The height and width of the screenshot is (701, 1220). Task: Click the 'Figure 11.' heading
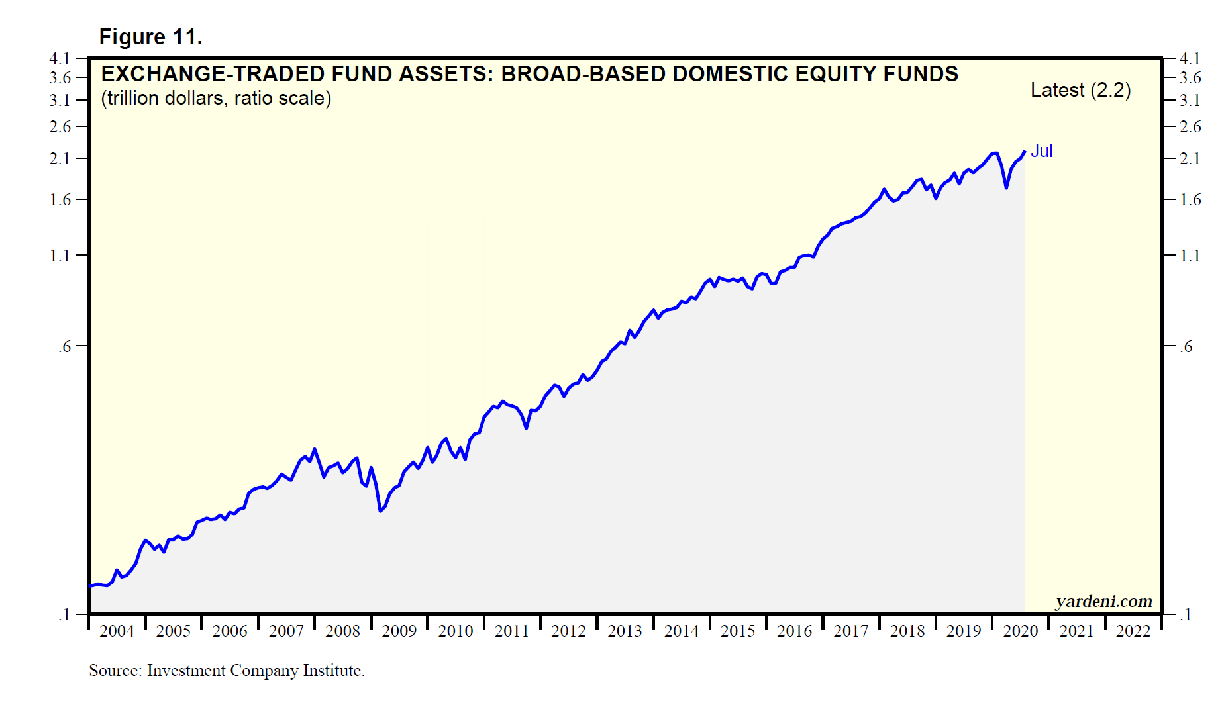pyautogui.click(x=150, y=37)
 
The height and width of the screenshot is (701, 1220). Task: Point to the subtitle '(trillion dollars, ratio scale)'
pyautogui.click(x=216, y=98)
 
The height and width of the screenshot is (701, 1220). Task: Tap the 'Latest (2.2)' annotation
pyautogui.click(x=1080, y=90)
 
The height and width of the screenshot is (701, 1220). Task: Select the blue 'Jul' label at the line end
pyautogui.click(x=1041, y=151)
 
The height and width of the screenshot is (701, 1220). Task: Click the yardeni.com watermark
pyautogui.click(x=1103, y=601)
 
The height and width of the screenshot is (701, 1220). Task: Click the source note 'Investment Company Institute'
pyautogui.click(x=255, y=671)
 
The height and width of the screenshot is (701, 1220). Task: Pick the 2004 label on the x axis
pyautogui.click(x=117, y=631)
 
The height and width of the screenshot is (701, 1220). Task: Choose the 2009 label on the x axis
pyautogui.click(x=399, y=631)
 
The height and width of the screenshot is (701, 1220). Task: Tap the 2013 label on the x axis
pyautogui.click(x=625, y=631)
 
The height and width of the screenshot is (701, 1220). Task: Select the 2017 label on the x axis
pyautogui.click(x=850, y=631)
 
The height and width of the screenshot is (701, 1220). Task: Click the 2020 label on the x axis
pyautogui.click(x=1020, y=631)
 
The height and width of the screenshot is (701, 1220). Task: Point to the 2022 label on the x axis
pyautogui.click(x=1133, y=631)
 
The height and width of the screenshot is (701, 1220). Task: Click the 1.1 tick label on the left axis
pyautogui.click(x=60, y=256)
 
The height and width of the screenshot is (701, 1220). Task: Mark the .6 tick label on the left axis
pyautogui.click(x=64, y=346)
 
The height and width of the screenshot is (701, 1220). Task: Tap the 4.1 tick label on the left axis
pyautogui.click(x=60, y=58)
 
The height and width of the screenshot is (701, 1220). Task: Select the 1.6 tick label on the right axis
pyautogui.click(x=1190, y=200)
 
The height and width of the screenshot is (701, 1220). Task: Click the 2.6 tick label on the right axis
pyautogui.click(x=1190, y=127)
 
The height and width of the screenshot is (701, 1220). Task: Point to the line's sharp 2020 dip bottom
pyautogui.click(x=1006, y=188)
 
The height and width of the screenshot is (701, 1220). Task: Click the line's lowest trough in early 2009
pyautogui.click(x=380, y=511)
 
